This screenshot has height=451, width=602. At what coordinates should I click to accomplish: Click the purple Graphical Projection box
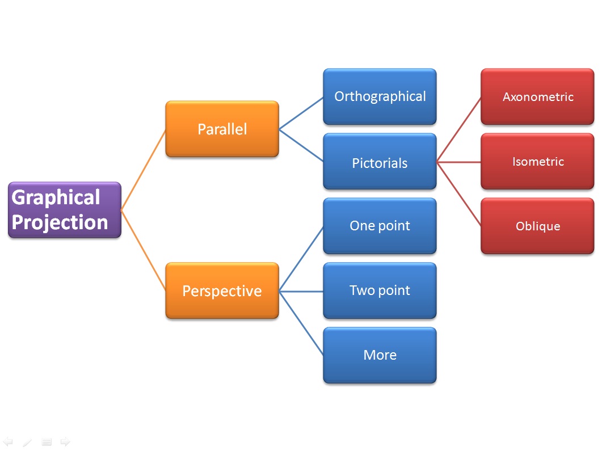coord(65,209)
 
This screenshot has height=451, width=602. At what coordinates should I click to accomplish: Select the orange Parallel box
coord(222,129)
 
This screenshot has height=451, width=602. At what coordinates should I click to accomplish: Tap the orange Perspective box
coord(222,290)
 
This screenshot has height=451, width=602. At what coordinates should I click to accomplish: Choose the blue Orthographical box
coord(380,96)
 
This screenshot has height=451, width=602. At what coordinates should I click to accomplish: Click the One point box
coord(380,226)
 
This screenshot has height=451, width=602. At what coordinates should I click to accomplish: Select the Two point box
coord(380,290)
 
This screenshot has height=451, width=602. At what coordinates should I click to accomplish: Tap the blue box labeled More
coord(380,355)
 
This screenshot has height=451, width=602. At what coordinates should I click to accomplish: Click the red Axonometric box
coord(537,97)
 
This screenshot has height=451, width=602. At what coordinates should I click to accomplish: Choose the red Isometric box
coord(537,162)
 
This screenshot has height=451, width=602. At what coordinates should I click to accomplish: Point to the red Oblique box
coord(537,226)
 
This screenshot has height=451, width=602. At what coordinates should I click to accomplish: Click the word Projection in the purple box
coord(60,222)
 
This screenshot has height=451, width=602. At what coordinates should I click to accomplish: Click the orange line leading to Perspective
coord(144,250)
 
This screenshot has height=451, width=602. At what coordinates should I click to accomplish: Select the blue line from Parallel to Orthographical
coord(301,113)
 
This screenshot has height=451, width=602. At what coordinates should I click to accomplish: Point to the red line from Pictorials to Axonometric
coord(459,129)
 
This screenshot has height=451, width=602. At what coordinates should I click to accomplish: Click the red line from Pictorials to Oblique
coord(459,194)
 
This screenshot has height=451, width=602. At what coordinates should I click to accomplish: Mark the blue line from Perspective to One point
coord(301,259)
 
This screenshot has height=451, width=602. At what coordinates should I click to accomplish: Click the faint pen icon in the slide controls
coord(27,442)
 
